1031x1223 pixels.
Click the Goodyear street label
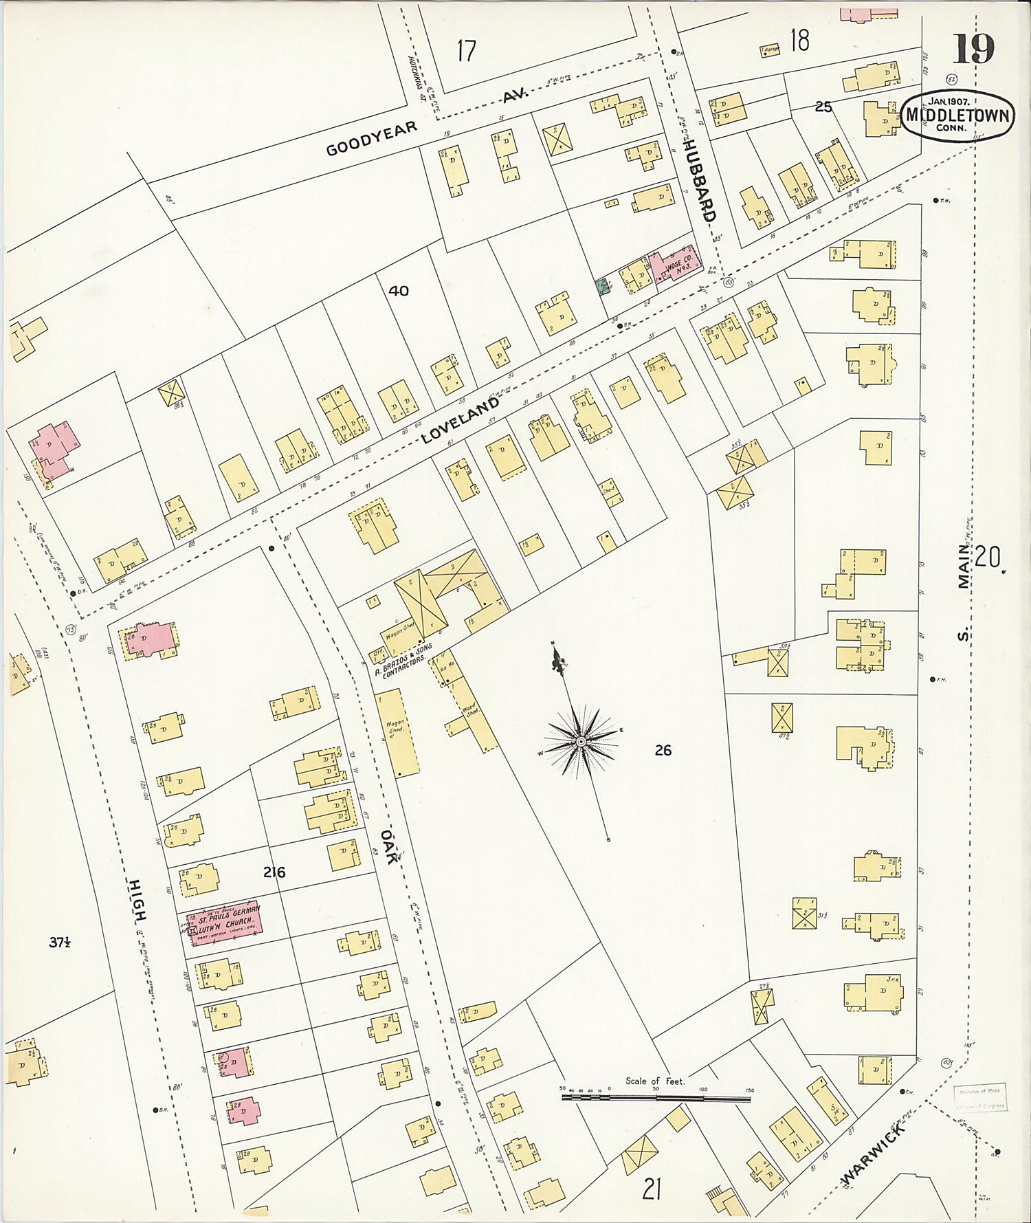[371, 138]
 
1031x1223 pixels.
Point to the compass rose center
[581, 742]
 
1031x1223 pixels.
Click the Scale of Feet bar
[656, 1099]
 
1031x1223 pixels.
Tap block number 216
[274, 872]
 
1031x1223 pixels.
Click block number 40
[399, 291]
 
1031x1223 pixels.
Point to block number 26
[663, 750]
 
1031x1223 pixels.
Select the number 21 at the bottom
[651, 1188]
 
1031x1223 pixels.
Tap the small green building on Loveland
[603, 285]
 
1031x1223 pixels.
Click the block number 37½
[60, 943]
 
